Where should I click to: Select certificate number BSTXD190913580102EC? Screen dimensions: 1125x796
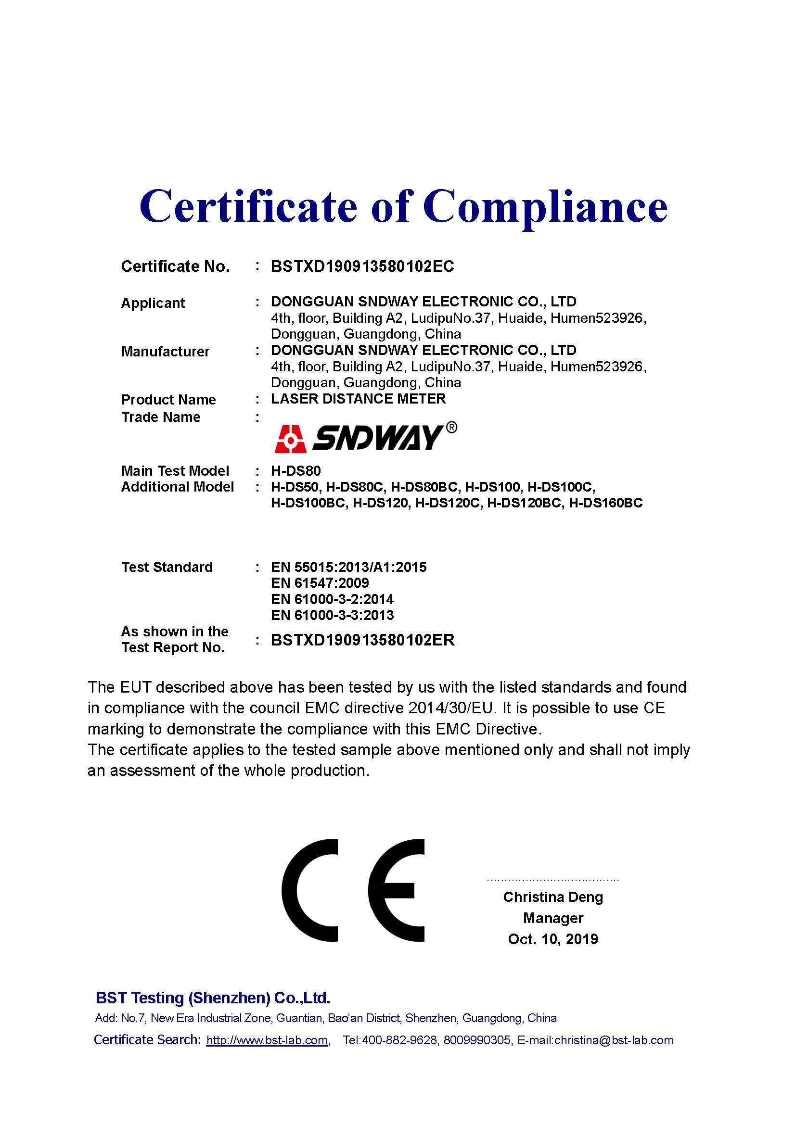coord(362,266)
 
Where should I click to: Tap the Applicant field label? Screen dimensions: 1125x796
coord(153,303)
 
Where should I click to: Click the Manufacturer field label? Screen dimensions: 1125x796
coord(165,352)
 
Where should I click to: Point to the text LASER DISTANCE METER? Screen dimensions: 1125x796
coord(359,399)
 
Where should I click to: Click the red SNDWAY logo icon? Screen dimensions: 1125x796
coord(291,439)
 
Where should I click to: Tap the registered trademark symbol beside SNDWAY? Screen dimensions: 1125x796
coord(451,428)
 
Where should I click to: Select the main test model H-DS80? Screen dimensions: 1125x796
coord(295,471)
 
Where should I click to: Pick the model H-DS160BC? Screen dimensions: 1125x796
coord(605,503)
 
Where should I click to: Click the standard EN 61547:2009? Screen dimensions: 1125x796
coord(320,583)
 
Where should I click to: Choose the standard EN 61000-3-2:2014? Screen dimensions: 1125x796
coord(332,599)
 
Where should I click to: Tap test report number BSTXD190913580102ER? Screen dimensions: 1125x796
coord(363,640)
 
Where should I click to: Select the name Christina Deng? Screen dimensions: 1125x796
coord(553,897)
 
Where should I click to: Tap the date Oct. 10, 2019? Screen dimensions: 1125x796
coord(553,939)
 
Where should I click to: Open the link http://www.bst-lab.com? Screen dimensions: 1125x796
coord(267,1040)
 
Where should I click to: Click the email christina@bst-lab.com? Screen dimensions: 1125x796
coord(614,1040)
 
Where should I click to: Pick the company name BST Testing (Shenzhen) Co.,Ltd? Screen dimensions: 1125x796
coord(213,998)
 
